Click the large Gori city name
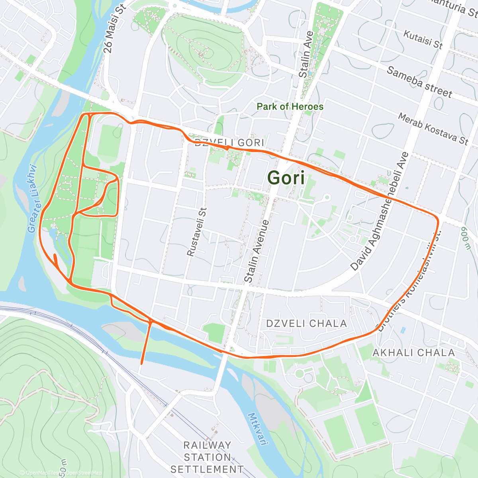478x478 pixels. (286, 178)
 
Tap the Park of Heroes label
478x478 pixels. (290, 106)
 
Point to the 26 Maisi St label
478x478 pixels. (114, 29)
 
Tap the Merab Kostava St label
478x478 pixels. (433, 129)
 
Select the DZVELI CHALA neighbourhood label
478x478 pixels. (306, 323)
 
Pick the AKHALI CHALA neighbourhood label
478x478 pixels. (413, 353)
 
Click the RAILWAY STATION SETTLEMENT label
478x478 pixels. (207, 457)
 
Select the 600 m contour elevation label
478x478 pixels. (466, 238)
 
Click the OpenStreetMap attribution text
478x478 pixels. (83, 473)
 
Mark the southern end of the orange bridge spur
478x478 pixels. (142, 363)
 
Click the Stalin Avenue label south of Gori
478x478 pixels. (257, 251)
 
